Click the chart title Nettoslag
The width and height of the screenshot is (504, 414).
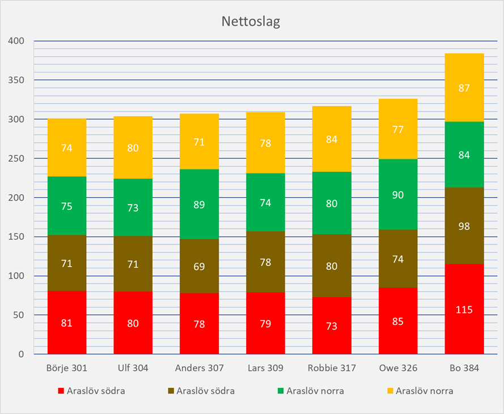(x=251, y=22)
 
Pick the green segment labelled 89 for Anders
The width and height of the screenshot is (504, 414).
(x=199, y=204)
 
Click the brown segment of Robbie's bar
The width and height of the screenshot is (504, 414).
(x=332, y=265)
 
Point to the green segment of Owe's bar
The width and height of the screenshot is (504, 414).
(x=398, y=194)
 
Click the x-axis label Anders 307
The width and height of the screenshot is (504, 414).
(x=199, y=368)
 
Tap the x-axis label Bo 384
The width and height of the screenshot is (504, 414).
(x=464, y=368)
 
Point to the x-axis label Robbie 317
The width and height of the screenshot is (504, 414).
(x=332, y=368)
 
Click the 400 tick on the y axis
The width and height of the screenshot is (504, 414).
(x=17, y=41)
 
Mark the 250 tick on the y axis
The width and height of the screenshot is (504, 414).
(x=17, y=158)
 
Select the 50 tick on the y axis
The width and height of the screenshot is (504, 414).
(x=19, y=315)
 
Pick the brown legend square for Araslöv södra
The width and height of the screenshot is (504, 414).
(x=171, y=391)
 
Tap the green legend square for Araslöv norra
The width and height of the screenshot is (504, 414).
(x=281, y=391)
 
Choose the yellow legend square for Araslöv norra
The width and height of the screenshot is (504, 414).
(x=391, y=391)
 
